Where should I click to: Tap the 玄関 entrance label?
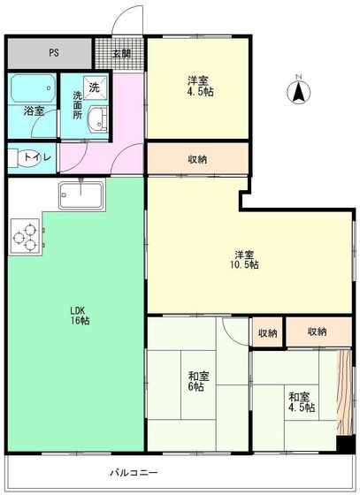(121, 53)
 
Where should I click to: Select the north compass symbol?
(299, 89)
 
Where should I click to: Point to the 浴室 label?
(34, 111)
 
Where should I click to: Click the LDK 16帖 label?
(80, 316)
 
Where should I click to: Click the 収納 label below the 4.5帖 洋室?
(198, 159)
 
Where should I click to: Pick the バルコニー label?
(133, 473)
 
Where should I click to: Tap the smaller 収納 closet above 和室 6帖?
(267, 332)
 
